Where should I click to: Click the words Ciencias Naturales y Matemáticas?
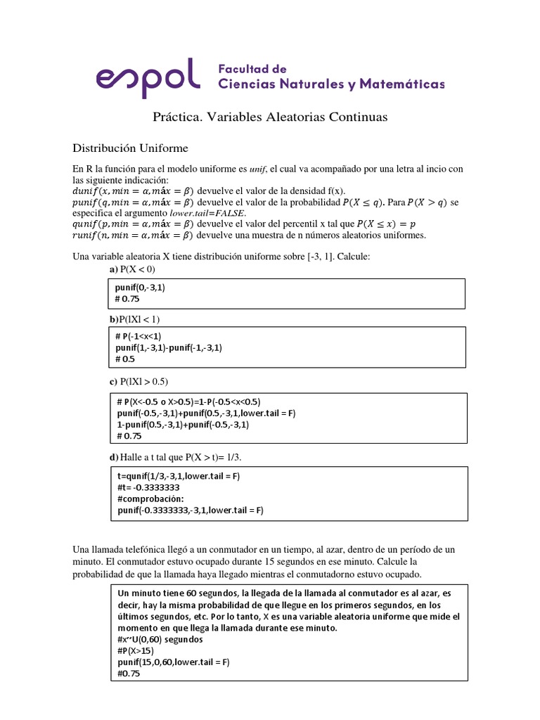tap(332, 84)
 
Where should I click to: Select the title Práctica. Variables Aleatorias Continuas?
tap(270, 117)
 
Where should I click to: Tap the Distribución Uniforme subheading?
tap(131, 148)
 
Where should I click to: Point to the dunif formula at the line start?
tap(134, 191)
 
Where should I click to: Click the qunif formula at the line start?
tap(134, 224)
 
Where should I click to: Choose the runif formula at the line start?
tap(134, 235)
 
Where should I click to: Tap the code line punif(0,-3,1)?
tap(141, 288)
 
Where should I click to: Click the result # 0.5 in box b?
tap(124, 359)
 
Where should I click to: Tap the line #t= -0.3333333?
tap(148, 487)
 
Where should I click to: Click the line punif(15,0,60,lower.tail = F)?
tap(174, 662)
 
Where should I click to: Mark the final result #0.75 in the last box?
tap(129, 674)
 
